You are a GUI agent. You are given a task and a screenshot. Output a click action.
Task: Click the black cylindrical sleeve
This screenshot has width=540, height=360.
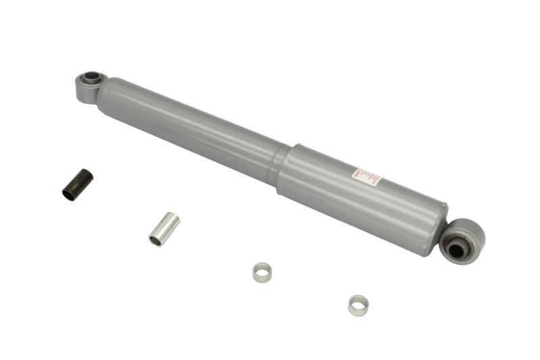78,184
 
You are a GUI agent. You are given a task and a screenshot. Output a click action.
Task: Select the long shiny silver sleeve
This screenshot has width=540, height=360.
164,229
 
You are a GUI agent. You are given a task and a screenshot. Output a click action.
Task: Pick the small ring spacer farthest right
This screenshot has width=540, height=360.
358,305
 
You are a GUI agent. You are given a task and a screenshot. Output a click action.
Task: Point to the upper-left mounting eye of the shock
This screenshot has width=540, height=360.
88,85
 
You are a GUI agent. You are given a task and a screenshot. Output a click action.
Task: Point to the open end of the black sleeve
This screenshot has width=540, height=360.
69,194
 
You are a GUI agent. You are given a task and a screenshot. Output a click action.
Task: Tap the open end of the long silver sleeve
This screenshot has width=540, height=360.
155,239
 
